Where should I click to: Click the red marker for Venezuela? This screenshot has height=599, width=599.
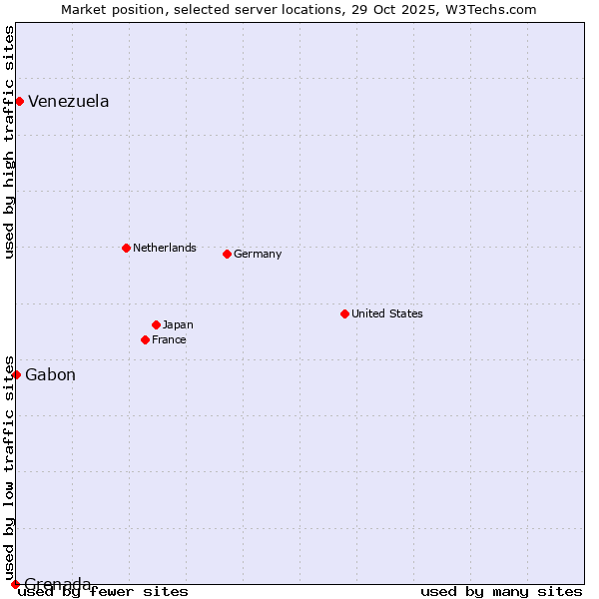pyautogui.click(x=19, y=101)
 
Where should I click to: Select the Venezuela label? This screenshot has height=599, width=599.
pyautogui.click(x=68, y=101)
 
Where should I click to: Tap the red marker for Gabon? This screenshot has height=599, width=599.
pyautogui.click(x=16, y=374)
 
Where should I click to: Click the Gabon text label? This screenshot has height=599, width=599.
pyautogui.click(x=50, y=375)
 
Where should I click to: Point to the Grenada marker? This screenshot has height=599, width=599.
pyautogui.click(x=15, y=584)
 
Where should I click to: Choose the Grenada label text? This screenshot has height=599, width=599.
pyautogui.click(x=58, y=584)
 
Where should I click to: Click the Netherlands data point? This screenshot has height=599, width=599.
pyautogui.click(x=126, y=248)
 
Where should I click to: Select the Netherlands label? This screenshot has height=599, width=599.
pyautogui.click(x=165, y=248)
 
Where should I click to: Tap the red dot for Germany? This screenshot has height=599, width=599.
pyautogui.click(x=227, y=254)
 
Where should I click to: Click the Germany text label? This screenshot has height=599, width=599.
pyautogui.click(x=258, y=254)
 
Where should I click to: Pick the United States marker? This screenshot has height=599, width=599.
pyautogui.click(x=344, y=313)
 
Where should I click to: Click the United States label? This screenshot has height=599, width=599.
pyautogui.click(x=387, y=313)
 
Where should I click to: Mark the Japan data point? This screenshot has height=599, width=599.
pyautogui.click(x=156, y=324)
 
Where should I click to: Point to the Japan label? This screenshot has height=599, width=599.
pyautogui.click(x=178, y=324)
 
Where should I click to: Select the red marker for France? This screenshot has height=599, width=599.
pyautogui.click(x=145, y=339)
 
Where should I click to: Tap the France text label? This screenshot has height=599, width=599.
pyautogui.click(x=169, y=339)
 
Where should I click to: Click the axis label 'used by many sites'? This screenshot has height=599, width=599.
pyautogui.click(x=501, y=592)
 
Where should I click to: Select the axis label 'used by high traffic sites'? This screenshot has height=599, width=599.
pyautogui.click(x=9, y=142)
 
